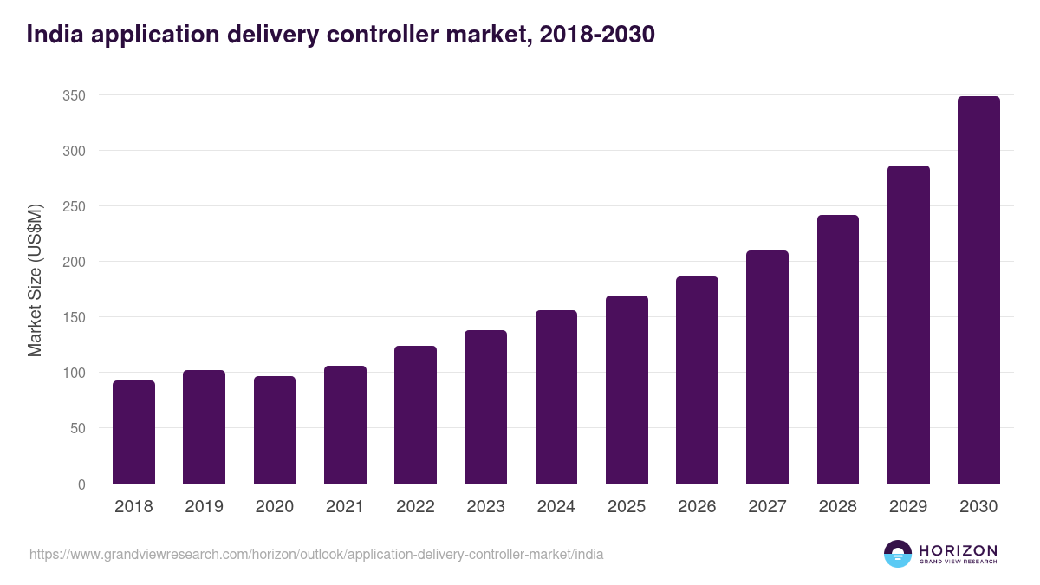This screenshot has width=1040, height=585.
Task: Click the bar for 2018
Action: [133, 432]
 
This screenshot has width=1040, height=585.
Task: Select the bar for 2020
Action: [275, 430]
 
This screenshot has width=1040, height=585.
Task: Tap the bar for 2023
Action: [485, 407]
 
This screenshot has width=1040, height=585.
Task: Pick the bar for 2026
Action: [697, 380]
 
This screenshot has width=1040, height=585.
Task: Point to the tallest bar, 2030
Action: [978, 290]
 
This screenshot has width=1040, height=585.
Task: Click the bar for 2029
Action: [908, 325]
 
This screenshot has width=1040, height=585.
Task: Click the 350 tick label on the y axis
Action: [74, 95]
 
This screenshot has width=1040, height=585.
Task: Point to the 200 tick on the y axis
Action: [74, 262]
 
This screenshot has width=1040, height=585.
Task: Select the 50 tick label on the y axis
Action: [77, 428]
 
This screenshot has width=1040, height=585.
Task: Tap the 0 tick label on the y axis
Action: [81, 484]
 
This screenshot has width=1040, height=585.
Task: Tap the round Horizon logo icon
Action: [898, 554]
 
